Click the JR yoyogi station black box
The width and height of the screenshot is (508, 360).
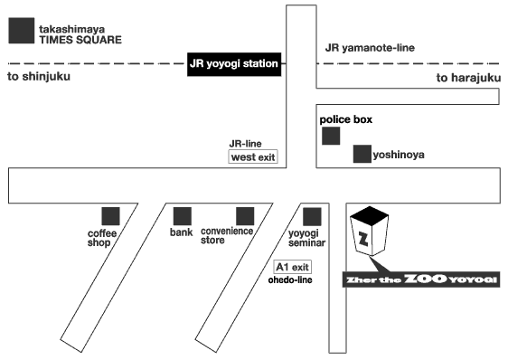pos(234,64)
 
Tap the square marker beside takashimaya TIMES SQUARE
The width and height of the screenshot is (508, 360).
pos(22,31)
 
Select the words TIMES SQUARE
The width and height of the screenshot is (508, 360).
pos(80,40)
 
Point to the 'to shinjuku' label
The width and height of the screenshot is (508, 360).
pos(39,77)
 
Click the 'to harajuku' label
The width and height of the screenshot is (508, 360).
pos(468,78)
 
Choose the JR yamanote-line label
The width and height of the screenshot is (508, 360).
pos(370,48)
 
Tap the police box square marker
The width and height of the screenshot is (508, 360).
pos(331,136)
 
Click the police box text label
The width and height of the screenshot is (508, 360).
pos(346,119)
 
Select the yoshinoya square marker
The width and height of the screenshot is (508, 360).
pos(362,154)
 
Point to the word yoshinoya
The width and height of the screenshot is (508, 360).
pos(399,155)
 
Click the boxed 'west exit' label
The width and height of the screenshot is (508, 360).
pos(253,157)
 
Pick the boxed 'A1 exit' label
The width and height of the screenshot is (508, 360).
pos(293,267)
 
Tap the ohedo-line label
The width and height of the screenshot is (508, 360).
pos(290,279)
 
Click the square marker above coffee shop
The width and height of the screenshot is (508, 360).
pos(111,216)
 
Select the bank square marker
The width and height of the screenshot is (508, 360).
pos(183,216)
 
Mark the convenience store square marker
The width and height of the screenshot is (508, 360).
pos(245,216)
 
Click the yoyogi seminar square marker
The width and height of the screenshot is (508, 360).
pos(312,217)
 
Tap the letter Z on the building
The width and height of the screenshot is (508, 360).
pos(364,239)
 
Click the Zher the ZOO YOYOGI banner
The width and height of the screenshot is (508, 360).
pos(421,279)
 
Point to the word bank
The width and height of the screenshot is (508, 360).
pos(182,232)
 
